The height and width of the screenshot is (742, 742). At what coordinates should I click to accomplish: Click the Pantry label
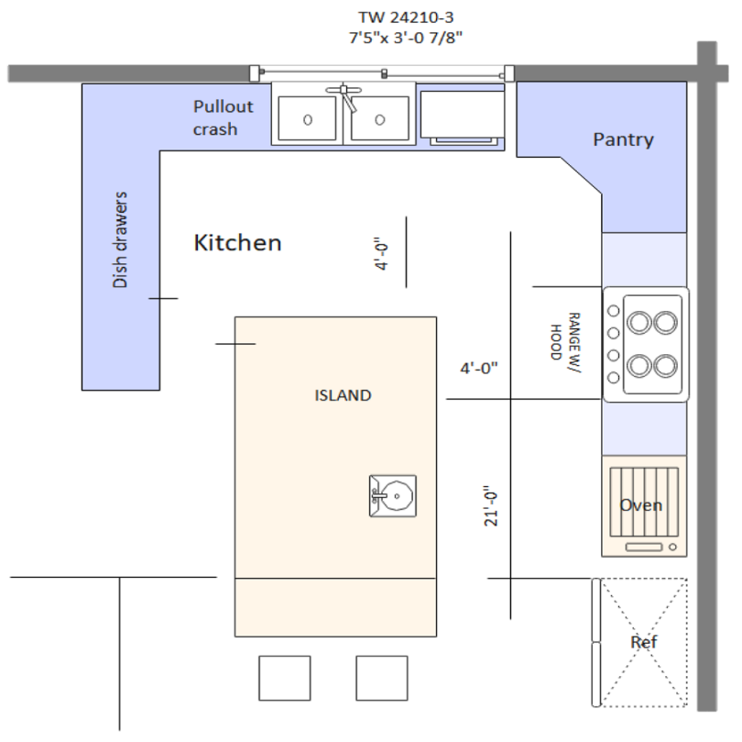click(x=623, y=139)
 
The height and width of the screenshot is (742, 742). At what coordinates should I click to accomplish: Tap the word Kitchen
click(x=237, y=243)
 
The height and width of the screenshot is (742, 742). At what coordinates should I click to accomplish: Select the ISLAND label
click(x=343, y=396)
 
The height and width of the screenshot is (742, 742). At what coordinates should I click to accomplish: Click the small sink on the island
click(x=392, y=496)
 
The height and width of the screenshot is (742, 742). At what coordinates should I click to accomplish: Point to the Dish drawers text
click(x=120, y=240)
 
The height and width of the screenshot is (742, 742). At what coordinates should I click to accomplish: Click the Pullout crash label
click(x=223, y=117)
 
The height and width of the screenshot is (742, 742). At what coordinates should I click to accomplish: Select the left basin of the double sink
click(x=307, y=117)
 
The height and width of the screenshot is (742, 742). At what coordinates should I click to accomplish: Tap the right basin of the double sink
click(x=379, y=117)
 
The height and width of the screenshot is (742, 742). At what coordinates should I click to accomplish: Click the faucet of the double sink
click(x=344, y=93)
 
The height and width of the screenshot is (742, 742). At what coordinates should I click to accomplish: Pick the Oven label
click(x=640, y=505)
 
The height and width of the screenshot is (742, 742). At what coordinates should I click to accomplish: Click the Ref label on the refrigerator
click(x=643, y=642)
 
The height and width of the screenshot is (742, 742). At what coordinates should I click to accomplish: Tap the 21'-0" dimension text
click(x=492, y=505)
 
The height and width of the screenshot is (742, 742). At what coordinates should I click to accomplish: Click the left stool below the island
click(x=285, y=678)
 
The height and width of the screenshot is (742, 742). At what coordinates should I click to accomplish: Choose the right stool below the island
click(x=381, y=678)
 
